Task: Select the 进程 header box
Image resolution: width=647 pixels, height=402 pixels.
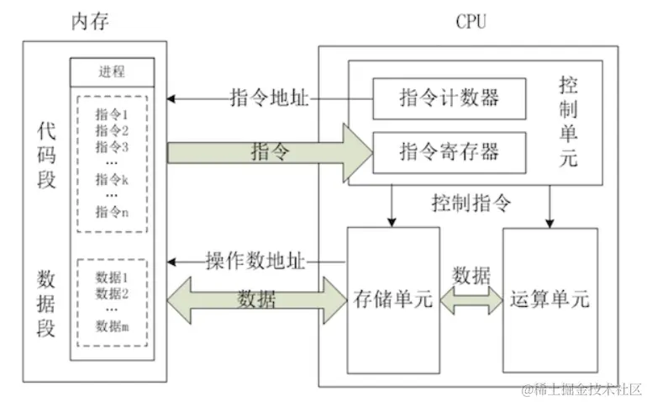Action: pyautogui.click(x=113, y=71)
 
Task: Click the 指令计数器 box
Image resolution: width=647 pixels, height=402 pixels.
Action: pyautogui.click(x=449, y=97)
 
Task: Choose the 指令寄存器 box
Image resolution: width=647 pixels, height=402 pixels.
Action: pyautogui.click(x=449, y=151)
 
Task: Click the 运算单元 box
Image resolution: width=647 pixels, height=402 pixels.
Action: pyautogui.click(x=550, y=299)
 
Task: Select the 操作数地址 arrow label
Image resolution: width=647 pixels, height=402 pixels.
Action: pyautogui.click(x=250, y=260)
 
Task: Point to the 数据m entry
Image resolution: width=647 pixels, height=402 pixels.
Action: pyautogui.click(x=112, y=327)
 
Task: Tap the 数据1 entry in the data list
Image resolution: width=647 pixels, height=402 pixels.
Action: pyautogui.click(x=112, y=277)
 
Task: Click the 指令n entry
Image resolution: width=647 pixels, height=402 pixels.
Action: pyautogui.click(x=112, y=212)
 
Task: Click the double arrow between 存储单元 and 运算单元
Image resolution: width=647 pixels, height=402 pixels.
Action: pyautogui.click(x=471, y=299)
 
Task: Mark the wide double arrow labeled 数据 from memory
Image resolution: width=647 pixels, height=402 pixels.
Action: pyautogui.click(x=256, y=299)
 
